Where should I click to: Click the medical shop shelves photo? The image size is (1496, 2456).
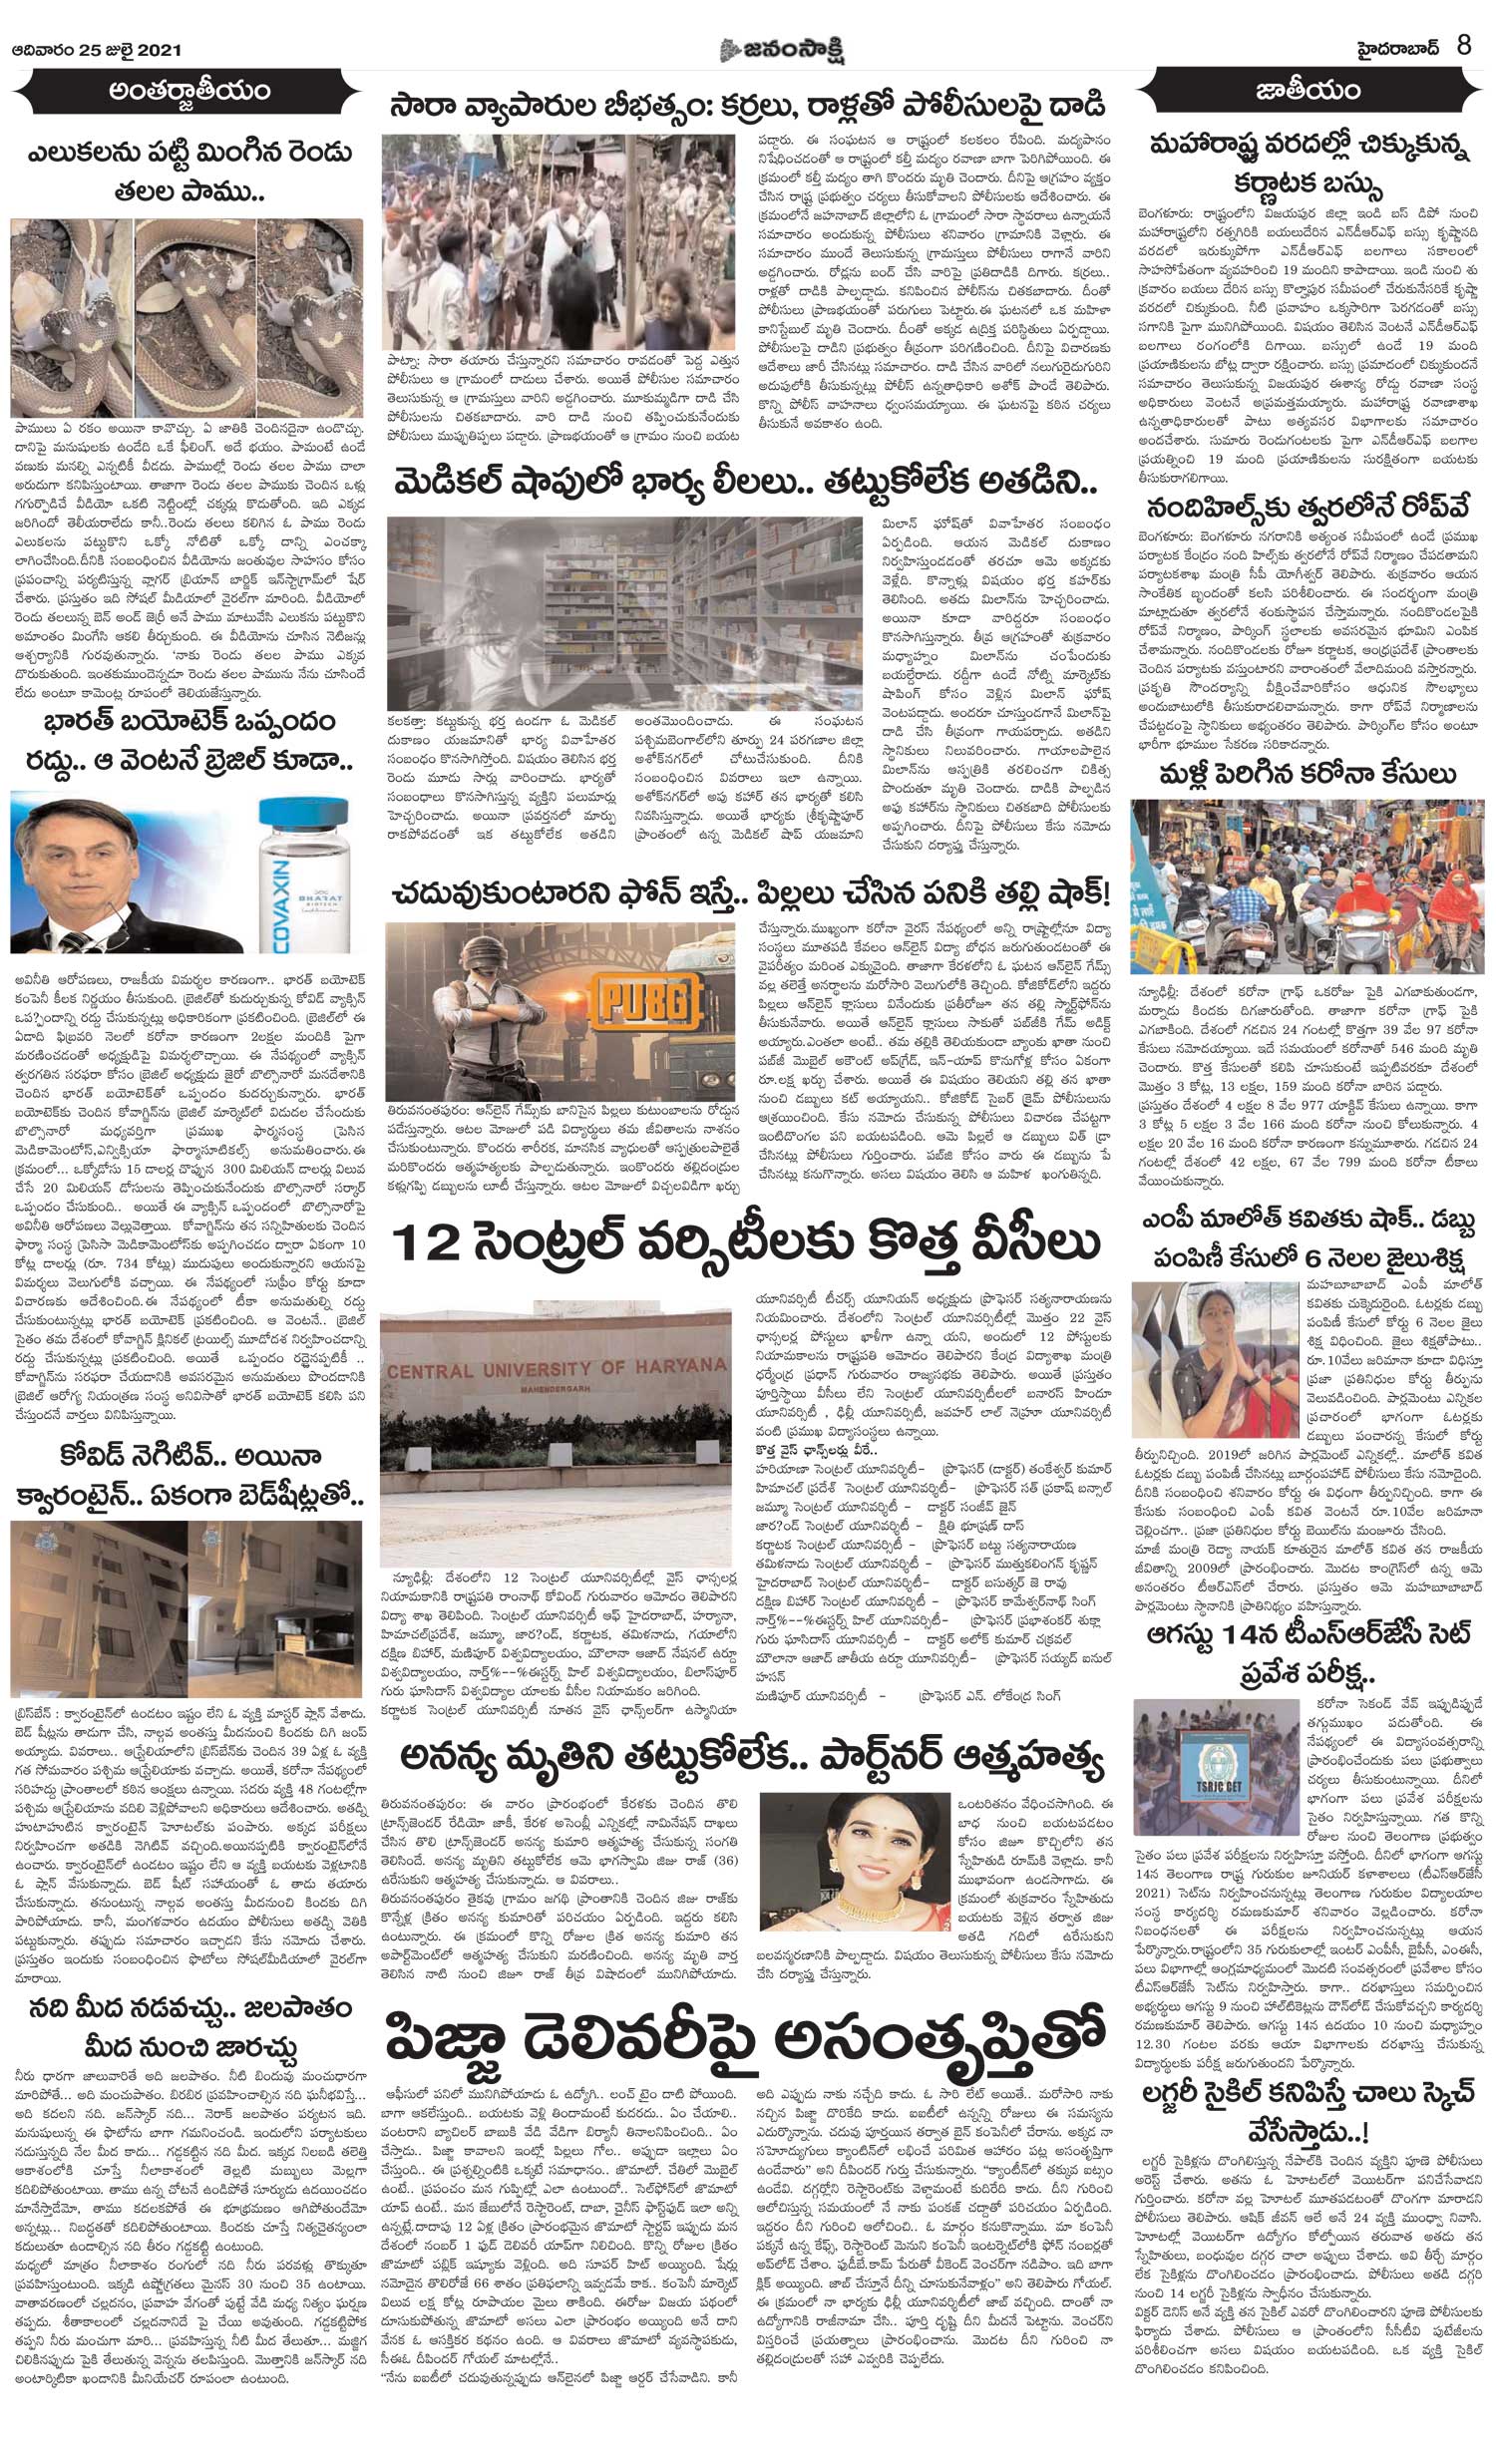tap(623, 610)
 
